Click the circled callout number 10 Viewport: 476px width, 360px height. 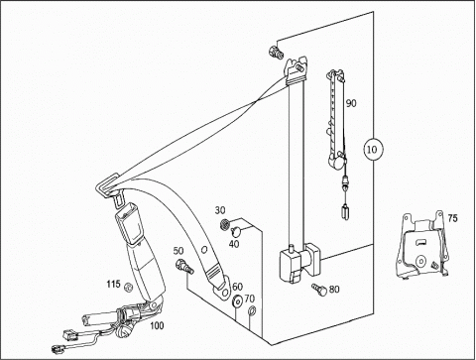click(372, 150)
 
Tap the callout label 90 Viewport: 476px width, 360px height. click(351, 103)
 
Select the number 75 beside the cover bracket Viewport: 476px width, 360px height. click(453, 218)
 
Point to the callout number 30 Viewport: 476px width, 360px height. click(220, 210)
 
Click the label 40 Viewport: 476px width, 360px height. click(234, 244)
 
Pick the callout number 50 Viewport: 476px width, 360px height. click(178, 251)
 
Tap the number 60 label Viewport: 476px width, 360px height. click(237, 287)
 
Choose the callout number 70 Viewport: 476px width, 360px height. click(250, 299)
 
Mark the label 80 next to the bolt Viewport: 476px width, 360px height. click(334, 290)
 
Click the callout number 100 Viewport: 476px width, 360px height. click(157, 325)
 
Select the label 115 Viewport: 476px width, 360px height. click(113, 284)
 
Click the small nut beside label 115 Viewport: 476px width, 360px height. click(128, 287)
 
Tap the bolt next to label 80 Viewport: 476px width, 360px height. click(319, 289)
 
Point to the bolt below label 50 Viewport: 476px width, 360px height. click(184, 266)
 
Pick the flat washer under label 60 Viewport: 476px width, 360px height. click(237, 301)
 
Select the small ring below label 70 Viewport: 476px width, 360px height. click(252, 310)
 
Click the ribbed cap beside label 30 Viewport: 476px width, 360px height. click(224, 224)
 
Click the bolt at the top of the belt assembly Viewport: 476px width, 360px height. click(276, 53)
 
